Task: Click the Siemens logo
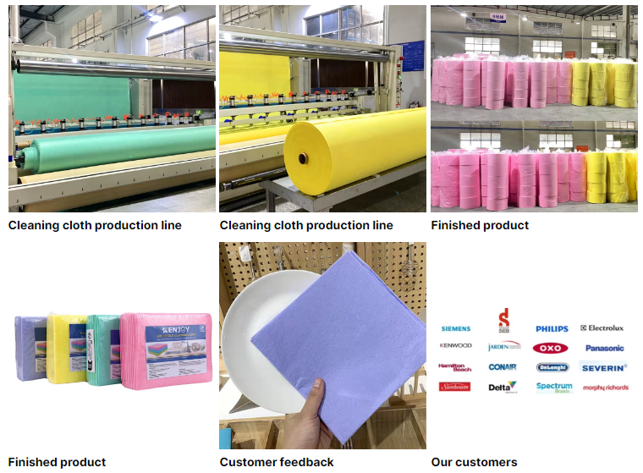(455, 328)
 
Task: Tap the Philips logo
(552, 328)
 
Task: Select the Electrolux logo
(602, 328)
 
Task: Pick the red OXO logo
(550, 348)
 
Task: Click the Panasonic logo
(604, 348)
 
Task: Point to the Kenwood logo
(455, 346)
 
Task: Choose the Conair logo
(503, 367)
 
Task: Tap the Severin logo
(603, 367)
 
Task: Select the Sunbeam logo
(455, 387)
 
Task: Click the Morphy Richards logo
(604, 388)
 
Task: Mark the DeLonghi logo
(552, 367)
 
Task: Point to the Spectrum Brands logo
(554, 387)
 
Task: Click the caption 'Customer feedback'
(277, 462)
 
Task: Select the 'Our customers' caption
(474, 462)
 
